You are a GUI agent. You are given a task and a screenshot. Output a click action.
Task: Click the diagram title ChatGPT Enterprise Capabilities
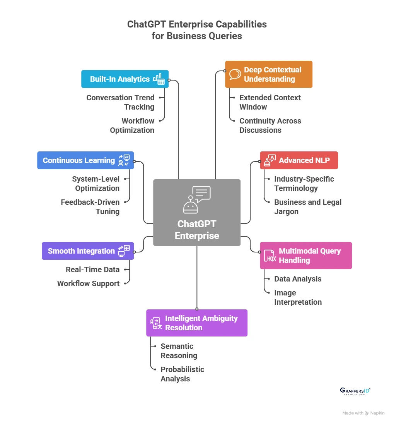coord(197,30)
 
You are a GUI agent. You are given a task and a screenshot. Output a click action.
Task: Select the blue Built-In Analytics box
coord(125,79)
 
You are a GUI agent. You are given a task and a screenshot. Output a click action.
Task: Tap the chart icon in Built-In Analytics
coord(159,79)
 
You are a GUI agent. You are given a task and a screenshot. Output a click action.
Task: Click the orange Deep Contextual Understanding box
coord(268,74)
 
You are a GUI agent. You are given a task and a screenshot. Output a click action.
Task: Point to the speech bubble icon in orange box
coord(235,74)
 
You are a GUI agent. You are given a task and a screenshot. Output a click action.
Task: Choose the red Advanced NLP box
coord(298,160)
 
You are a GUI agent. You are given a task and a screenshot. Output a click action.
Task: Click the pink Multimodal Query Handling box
coord(305,256)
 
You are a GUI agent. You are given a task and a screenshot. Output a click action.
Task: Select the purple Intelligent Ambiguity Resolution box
coord(196,323)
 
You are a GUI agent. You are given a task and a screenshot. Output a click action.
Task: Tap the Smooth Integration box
coord(87,251)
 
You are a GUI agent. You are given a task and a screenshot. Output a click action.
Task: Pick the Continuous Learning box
coord(85,160)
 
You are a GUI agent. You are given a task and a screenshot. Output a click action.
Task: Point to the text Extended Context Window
coord(270,102)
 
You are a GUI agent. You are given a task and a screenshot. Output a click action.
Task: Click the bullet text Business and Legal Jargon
coord(308,207)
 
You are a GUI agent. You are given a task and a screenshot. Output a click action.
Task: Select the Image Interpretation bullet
coord(298,297)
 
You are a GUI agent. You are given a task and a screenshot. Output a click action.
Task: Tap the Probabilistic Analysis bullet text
coord(182,374)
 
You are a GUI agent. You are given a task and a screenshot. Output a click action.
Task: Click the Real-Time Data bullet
coord(92,270)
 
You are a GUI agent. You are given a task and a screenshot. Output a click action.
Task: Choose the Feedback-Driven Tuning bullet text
coord(90,207)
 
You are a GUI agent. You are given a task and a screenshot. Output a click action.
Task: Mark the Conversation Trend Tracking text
coord(120,102)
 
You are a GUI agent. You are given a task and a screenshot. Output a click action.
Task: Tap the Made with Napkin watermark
coord(363,413)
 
